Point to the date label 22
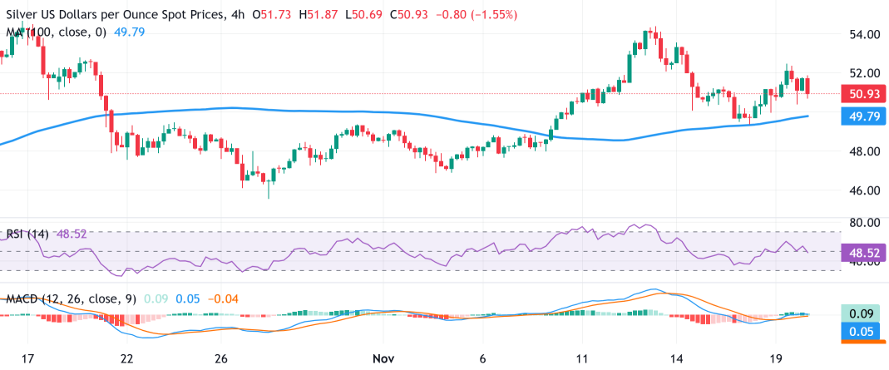pos(126,358)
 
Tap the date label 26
pos(220,358)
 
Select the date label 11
pos(581,358)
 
